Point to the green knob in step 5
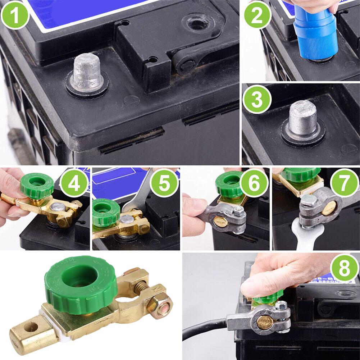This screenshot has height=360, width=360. click(x=105, y=210)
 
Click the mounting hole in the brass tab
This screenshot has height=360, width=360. click(x=30, y=327)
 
